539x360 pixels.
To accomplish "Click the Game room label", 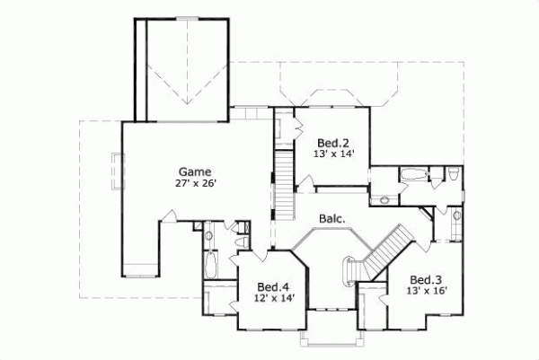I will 194,171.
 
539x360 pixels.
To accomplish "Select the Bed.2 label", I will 331,143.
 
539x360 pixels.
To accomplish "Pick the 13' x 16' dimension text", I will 426,290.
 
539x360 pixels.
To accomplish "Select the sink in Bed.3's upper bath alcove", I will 457,216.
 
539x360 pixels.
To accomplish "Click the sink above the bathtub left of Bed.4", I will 209,236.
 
